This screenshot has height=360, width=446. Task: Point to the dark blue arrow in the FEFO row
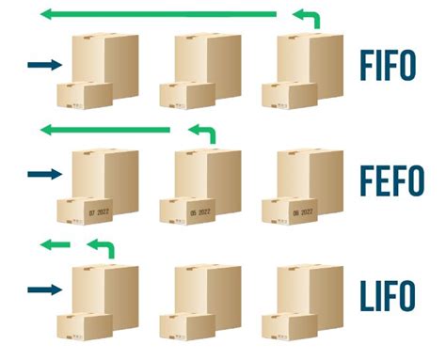pyautogui.click(x=43, y=173)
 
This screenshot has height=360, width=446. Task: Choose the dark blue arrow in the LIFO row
pyautogui.click(x=43, y=289)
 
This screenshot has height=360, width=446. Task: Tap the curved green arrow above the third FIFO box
pyautogui.click(x=307, y=16)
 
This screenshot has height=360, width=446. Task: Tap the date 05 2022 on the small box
pyautogui.click(x=200, y=213)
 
